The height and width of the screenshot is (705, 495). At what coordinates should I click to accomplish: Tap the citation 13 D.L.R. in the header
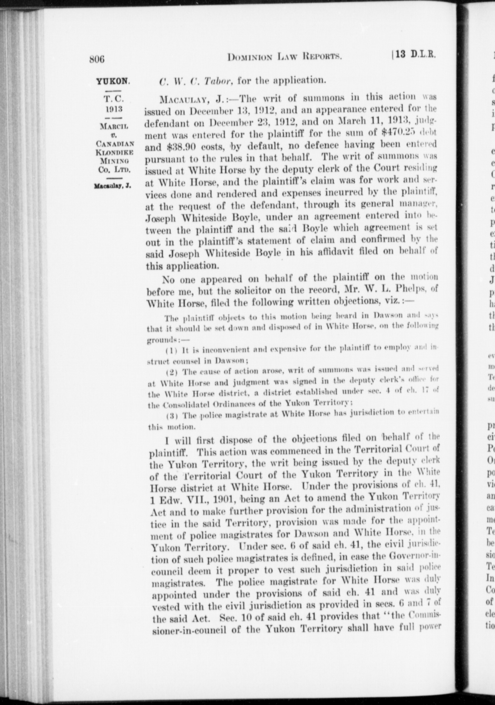pyautogui.click(x=416, y=55)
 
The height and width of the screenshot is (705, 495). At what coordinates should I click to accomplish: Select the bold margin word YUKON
pyautogui.click(x=113, y=81)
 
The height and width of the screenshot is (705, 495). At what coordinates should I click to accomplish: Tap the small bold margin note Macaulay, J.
pyautogui.click(x=112, y=186)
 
